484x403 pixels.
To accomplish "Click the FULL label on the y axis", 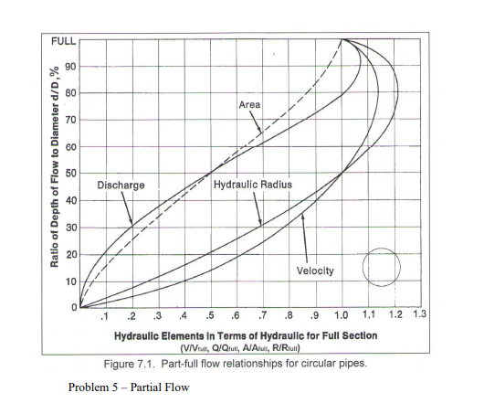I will pyautogui.click(x=62, y=41).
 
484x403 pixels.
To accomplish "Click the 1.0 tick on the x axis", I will pyautogui.click(x=342, y=317).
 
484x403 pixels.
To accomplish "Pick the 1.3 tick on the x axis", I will pyautogui.click(x=420, y=315).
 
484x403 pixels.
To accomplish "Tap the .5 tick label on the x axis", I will pyautogui.click(x=210, y=317).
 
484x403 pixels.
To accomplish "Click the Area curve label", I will pyautogui.click(x=249, y=104).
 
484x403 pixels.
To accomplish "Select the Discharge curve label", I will pyautogui.click(x=121, y=186).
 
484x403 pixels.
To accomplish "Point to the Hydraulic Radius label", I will pyautogui.click(x=254, y=185).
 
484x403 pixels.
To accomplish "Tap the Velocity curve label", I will pyautogui.click(x=316, y=270).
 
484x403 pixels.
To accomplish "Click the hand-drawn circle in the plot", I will pyautogui.click(x=382, y=265).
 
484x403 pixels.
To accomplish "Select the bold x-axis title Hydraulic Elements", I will pyautogui.click(x=245, y=335).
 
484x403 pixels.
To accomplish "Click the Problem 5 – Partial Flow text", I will pyautogui.click(x=129, y=387).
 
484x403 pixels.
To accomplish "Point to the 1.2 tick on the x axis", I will pyautogui.click(x=395, y=316).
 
